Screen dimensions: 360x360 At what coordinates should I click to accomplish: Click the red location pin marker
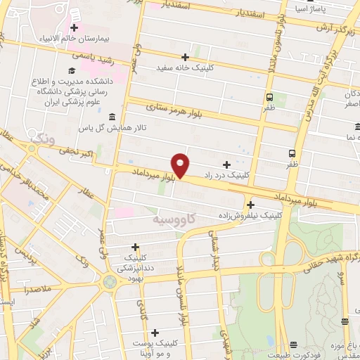pyautogui.click(x=181, y=165)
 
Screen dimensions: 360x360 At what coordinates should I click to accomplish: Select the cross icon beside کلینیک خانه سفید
pyautogui.click(x=186, y=57)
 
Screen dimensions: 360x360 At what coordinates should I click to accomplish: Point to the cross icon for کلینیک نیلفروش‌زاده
pyautogui.click(x=250, y=205)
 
